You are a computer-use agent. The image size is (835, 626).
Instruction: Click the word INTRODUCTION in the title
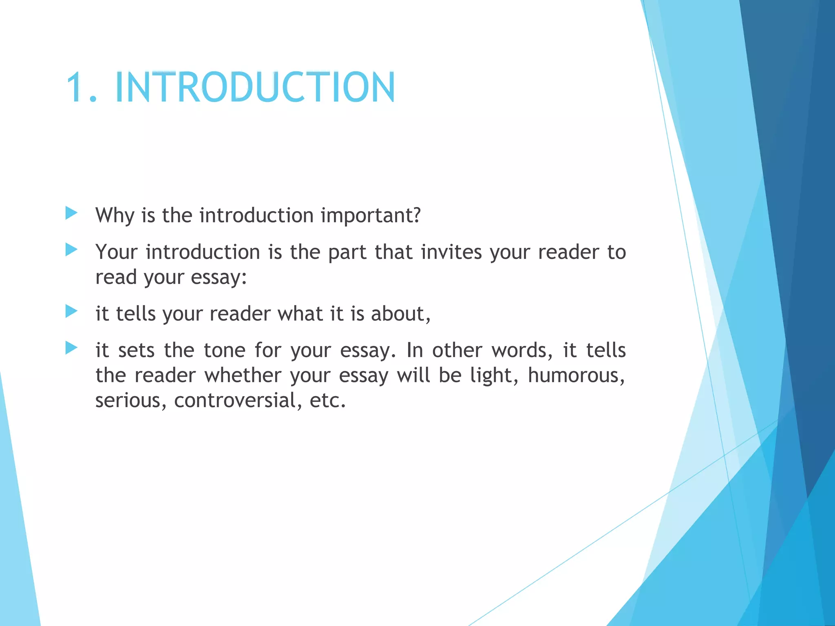click(255, 87)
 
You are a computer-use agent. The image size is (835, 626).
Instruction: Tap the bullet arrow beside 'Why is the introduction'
click(71, 213)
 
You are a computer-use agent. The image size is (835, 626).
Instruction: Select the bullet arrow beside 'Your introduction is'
click(71, 249)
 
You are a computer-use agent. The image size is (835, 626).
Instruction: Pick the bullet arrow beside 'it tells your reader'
click(71, 311)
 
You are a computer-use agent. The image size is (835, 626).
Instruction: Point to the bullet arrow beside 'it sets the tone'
click(71, 348)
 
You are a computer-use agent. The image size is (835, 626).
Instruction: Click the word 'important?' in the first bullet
click(371, 216)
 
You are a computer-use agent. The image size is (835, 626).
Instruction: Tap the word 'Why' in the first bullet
click(115, 216)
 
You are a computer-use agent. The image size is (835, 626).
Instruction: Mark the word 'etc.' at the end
click(327, 401)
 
